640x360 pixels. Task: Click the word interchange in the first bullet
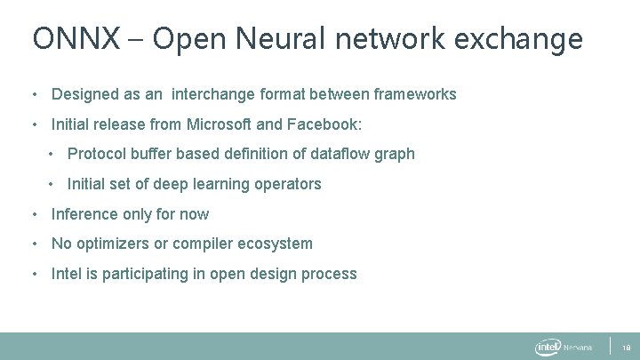coord(214,94)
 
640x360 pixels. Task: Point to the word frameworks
coord(415,94)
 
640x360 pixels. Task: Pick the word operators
coord(289,184)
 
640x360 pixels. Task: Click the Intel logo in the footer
coord(547,347)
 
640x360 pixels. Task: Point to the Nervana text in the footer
coord(579,348)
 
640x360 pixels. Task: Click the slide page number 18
coord(625,348)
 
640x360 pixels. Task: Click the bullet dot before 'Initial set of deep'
coord(53,184)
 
